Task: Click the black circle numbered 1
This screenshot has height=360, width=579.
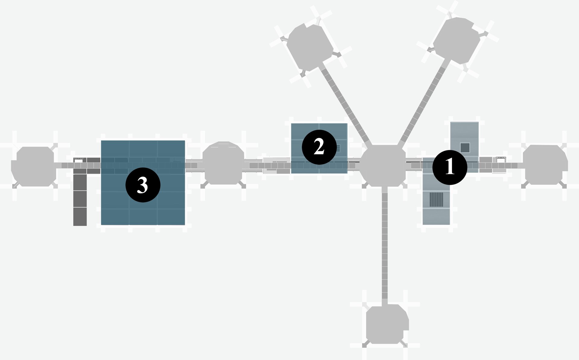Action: point(450,167)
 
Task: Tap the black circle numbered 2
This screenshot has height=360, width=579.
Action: point(319,147)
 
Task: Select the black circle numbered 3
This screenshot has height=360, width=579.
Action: point(143,185)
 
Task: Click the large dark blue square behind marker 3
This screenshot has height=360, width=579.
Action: point(143,183)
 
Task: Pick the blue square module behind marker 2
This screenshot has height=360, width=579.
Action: point(319,148)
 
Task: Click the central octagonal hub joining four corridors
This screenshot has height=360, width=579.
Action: point(383,166)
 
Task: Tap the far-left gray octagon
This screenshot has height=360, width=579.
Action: point(33,166)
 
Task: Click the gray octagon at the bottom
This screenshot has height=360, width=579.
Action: point(388,324)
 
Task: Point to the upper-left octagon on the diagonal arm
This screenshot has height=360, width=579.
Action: point(310,48)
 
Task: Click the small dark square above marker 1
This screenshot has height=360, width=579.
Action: point(465,147)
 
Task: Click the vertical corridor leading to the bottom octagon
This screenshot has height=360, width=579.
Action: point(384,245)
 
